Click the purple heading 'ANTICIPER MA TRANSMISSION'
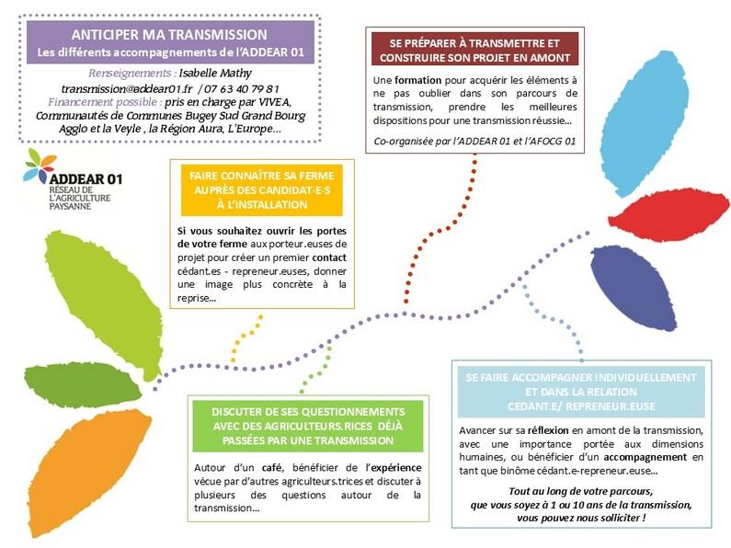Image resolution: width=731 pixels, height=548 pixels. (x=170, y=33)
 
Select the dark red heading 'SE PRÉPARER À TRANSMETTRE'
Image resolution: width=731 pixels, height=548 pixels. (x=474, y=43)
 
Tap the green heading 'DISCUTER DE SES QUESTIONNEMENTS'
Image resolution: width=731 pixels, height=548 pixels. (x=307, y=411)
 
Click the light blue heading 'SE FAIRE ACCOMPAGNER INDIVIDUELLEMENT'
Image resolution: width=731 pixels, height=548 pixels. (x=579, y=377)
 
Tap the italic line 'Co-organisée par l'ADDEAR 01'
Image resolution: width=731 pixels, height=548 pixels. (x=474, y=141)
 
